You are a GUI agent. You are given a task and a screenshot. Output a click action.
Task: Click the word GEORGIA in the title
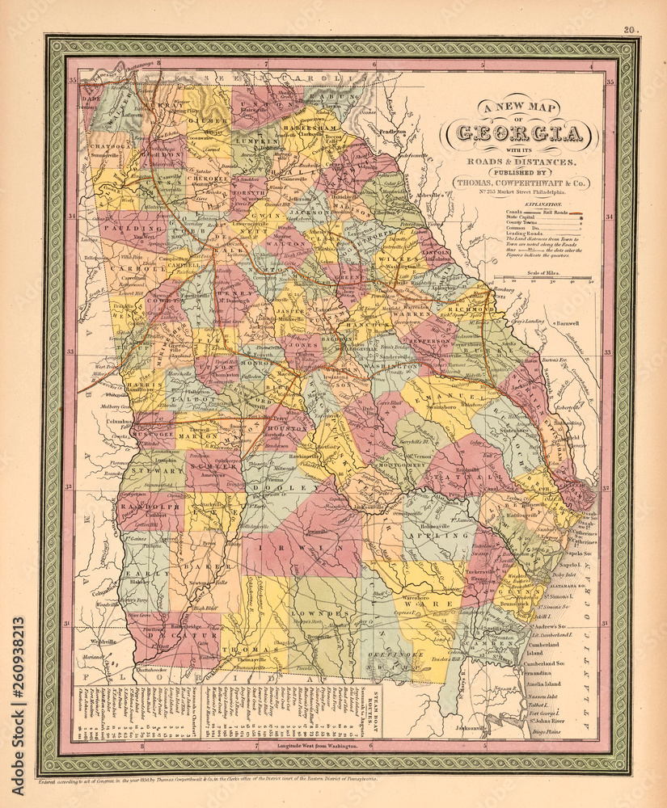click(517, 134)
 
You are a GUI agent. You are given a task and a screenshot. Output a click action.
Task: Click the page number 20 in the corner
click(629, 31)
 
